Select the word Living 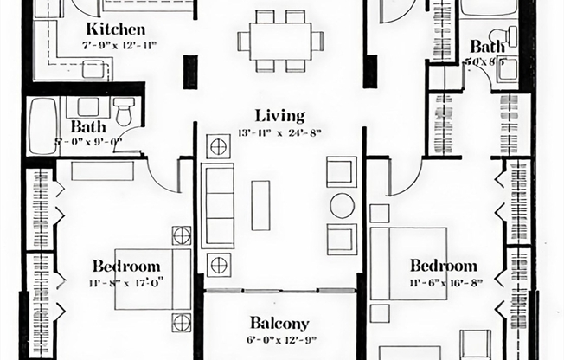coord(279,115)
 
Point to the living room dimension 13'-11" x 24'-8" coord(280,132)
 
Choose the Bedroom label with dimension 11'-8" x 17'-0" coord(126,266)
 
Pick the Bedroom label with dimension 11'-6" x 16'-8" coord(443,265)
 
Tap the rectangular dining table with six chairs coord(280,40)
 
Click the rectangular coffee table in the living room coord(260,204)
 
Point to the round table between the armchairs coord(343,205)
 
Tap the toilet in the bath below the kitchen coord(124,110)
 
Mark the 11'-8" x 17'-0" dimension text coord(126,281)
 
